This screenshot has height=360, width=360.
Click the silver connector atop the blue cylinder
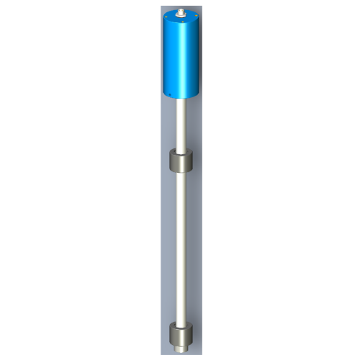point(181,12)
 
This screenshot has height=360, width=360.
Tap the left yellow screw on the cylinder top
point(166,17)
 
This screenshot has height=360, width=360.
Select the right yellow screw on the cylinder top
point(196,15)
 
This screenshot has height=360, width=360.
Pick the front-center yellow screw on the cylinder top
point(182,22)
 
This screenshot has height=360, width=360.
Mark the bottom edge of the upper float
point(181,171)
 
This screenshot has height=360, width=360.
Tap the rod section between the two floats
point(181,245)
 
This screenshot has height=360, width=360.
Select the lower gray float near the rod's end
point(181,336)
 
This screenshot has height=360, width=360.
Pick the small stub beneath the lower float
point(181,348)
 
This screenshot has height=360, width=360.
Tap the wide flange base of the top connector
point(181,15)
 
